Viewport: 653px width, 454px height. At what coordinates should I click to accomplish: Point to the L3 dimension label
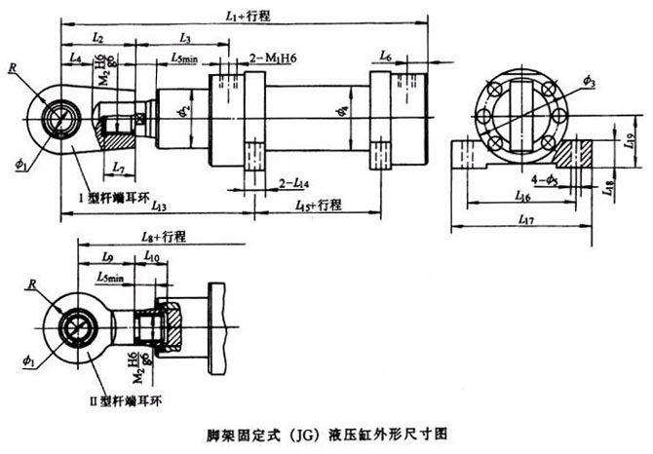click(186, 36)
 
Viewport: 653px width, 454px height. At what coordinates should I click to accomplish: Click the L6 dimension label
click(386, 57)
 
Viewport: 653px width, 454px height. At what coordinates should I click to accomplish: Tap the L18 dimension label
click(607, 185)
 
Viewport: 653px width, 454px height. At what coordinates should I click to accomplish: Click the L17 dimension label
click(526, 221)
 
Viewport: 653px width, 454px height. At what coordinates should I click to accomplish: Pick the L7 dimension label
click(118, 169)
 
